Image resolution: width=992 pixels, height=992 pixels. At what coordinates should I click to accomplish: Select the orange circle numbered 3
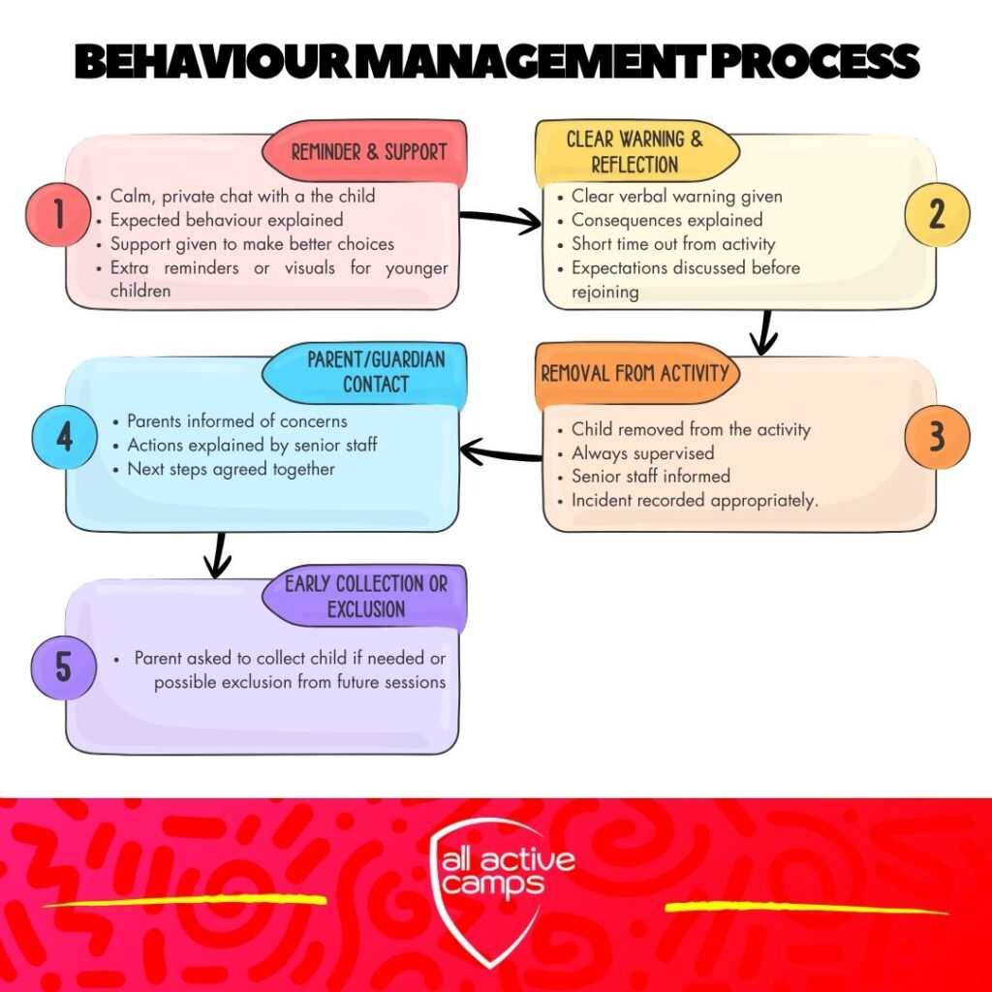(936, 437)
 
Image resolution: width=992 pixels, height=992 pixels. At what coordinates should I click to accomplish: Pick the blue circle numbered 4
(64, 437)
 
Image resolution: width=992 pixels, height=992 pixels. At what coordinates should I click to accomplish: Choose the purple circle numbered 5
(63, 667)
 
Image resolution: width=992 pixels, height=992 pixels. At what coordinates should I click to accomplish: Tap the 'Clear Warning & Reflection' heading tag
(635, 151)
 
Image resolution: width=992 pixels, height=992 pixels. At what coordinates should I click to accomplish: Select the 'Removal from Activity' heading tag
(635, 373)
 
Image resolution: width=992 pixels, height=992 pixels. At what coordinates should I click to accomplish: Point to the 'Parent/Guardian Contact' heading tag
(374, 372)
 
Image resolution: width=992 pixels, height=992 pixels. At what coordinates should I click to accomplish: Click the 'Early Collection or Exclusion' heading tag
(365, 597)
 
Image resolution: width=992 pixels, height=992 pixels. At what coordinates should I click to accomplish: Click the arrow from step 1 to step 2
(499, 221)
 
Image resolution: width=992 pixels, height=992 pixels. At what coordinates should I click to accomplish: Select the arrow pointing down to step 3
(764, 333)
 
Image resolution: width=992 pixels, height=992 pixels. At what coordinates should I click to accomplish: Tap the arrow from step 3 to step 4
(500, 450)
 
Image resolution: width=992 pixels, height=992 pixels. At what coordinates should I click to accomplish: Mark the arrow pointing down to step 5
(220, 555)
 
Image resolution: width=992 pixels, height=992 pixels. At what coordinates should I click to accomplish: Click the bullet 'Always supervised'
(642, 452)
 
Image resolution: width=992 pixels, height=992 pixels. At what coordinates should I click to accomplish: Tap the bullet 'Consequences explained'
(666, 220)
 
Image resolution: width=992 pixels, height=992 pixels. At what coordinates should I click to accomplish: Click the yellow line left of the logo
(184, 901)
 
